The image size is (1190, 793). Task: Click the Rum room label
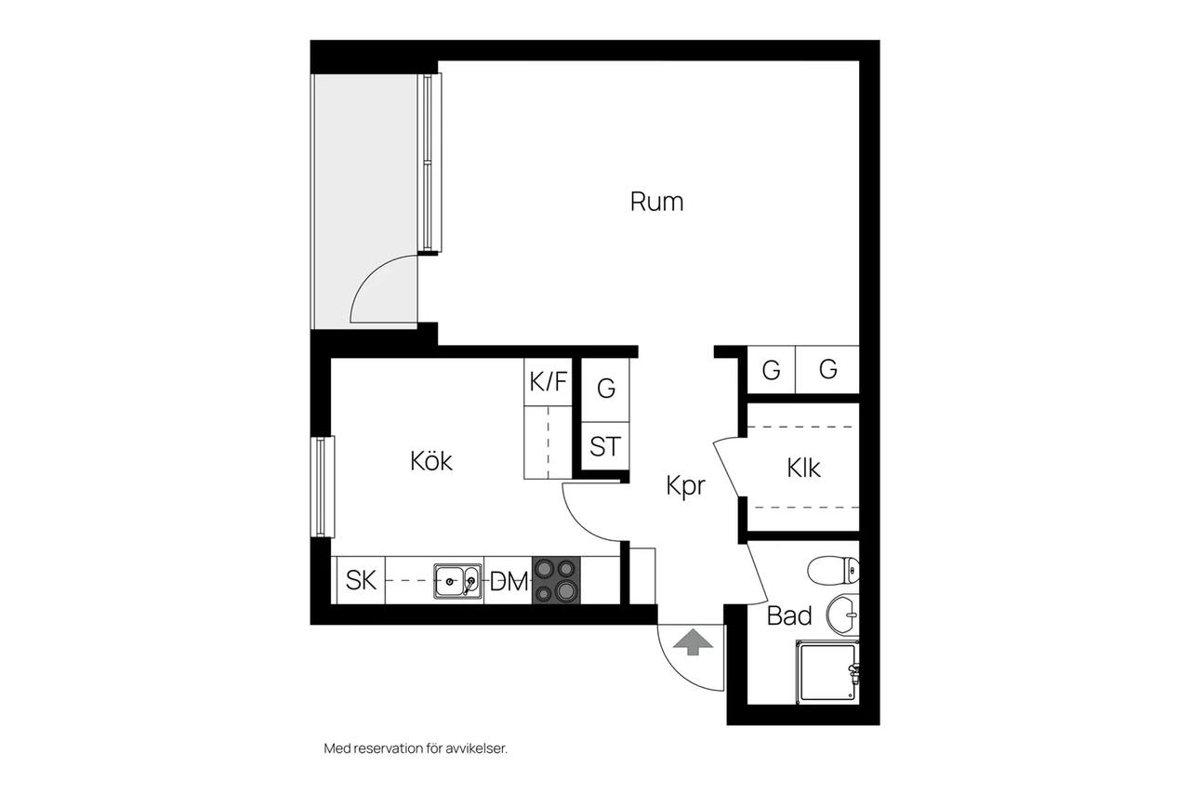pyautogui.click(x=656, y=202)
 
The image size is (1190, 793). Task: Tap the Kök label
pyautogui.click(x=430, y=460)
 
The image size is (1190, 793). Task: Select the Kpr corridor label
pyautogui.click(x=685, y=486)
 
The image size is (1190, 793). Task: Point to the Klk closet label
pyautogui.click(x=803, y=468)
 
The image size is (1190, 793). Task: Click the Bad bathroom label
pyautogui.click(x=789, y=615)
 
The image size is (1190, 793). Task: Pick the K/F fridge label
pyautogui.click(x=549, y=381)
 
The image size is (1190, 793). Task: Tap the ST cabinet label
pyautogui.click(x=605, y=446)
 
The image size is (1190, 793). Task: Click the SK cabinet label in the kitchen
pyautogui.click(x=361, y=579)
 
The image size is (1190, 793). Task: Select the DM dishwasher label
pyautogui.click(x=509, y=581)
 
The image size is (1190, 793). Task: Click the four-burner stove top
pyautogui.click(x=556, y=580)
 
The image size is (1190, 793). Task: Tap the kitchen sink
pyautogui.click(x=457, y=581)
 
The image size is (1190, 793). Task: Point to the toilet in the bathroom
pyautogui.click(x=833, y=570)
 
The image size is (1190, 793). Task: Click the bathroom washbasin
pyautogui.click(x=842, y=615)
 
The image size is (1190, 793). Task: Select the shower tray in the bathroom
pyautogui.click(x=827, y=672)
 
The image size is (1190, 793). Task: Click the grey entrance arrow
pyautogui.click(x=693, y=642)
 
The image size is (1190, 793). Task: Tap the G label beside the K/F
pyautogui.click(x=606, y=389)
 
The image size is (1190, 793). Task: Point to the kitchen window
pyautogui.click(x=323, y=487)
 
